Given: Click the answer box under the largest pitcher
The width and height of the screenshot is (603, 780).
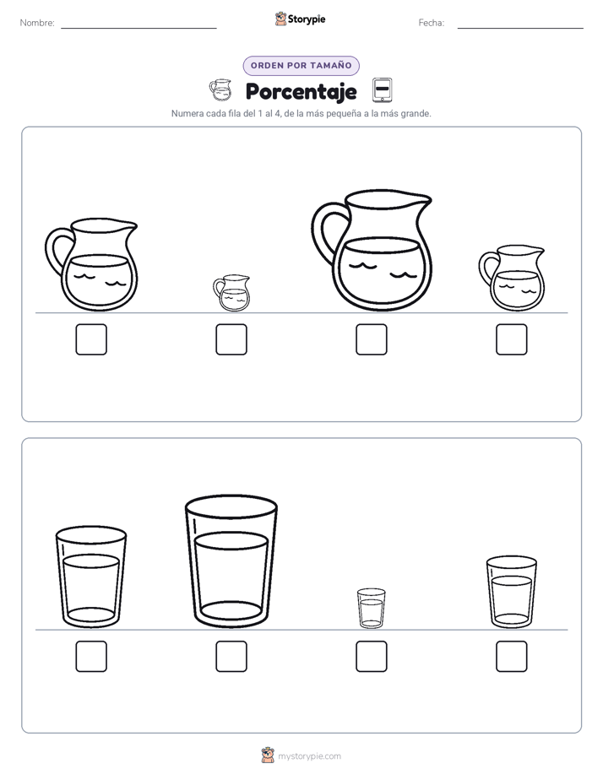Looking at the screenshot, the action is [x=371, y=339].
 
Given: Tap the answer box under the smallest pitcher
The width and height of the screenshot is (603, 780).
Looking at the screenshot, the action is [x=231, y=339].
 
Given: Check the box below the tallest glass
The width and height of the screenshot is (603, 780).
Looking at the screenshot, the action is [x=231, y=656].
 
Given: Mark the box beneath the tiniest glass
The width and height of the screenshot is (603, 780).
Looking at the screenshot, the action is [x=371, y=656].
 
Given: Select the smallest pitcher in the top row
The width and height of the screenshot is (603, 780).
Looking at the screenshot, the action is [x=231, y=293].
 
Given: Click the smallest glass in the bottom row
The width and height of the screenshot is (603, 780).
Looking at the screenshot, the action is [x=371, y=608].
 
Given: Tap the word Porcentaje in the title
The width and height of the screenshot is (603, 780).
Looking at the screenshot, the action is [x=301, y=91].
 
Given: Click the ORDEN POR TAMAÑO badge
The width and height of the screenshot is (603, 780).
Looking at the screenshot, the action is [x=301, y=66].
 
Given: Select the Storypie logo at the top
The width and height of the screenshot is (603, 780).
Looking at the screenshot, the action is [x=300, y=19].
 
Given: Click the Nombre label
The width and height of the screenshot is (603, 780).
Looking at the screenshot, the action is [x=37, y=23].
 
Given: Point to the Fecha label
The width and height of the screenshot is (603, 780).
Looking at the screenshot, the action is [x=432, y=23].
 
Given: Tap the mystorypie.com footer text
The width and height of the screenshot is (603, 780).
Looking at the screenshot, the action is [x=309, y=756].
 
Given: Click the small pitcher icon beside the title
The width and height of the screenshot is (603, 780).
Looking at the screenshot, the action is [x=220, y=89].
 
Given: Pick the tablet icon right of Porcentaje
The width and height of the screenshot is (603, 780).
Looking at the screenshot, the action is [x=382, y=90].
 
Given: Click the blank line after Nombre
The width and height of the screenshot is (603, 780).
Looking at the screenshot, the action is [x=139, y=29].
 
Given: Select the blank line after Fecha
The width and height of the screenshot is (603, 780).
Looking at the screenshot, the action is [x=520, y=29].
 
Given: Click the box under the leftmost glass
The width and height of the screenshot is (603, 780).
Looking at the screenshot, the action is [x=91, y=656].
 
